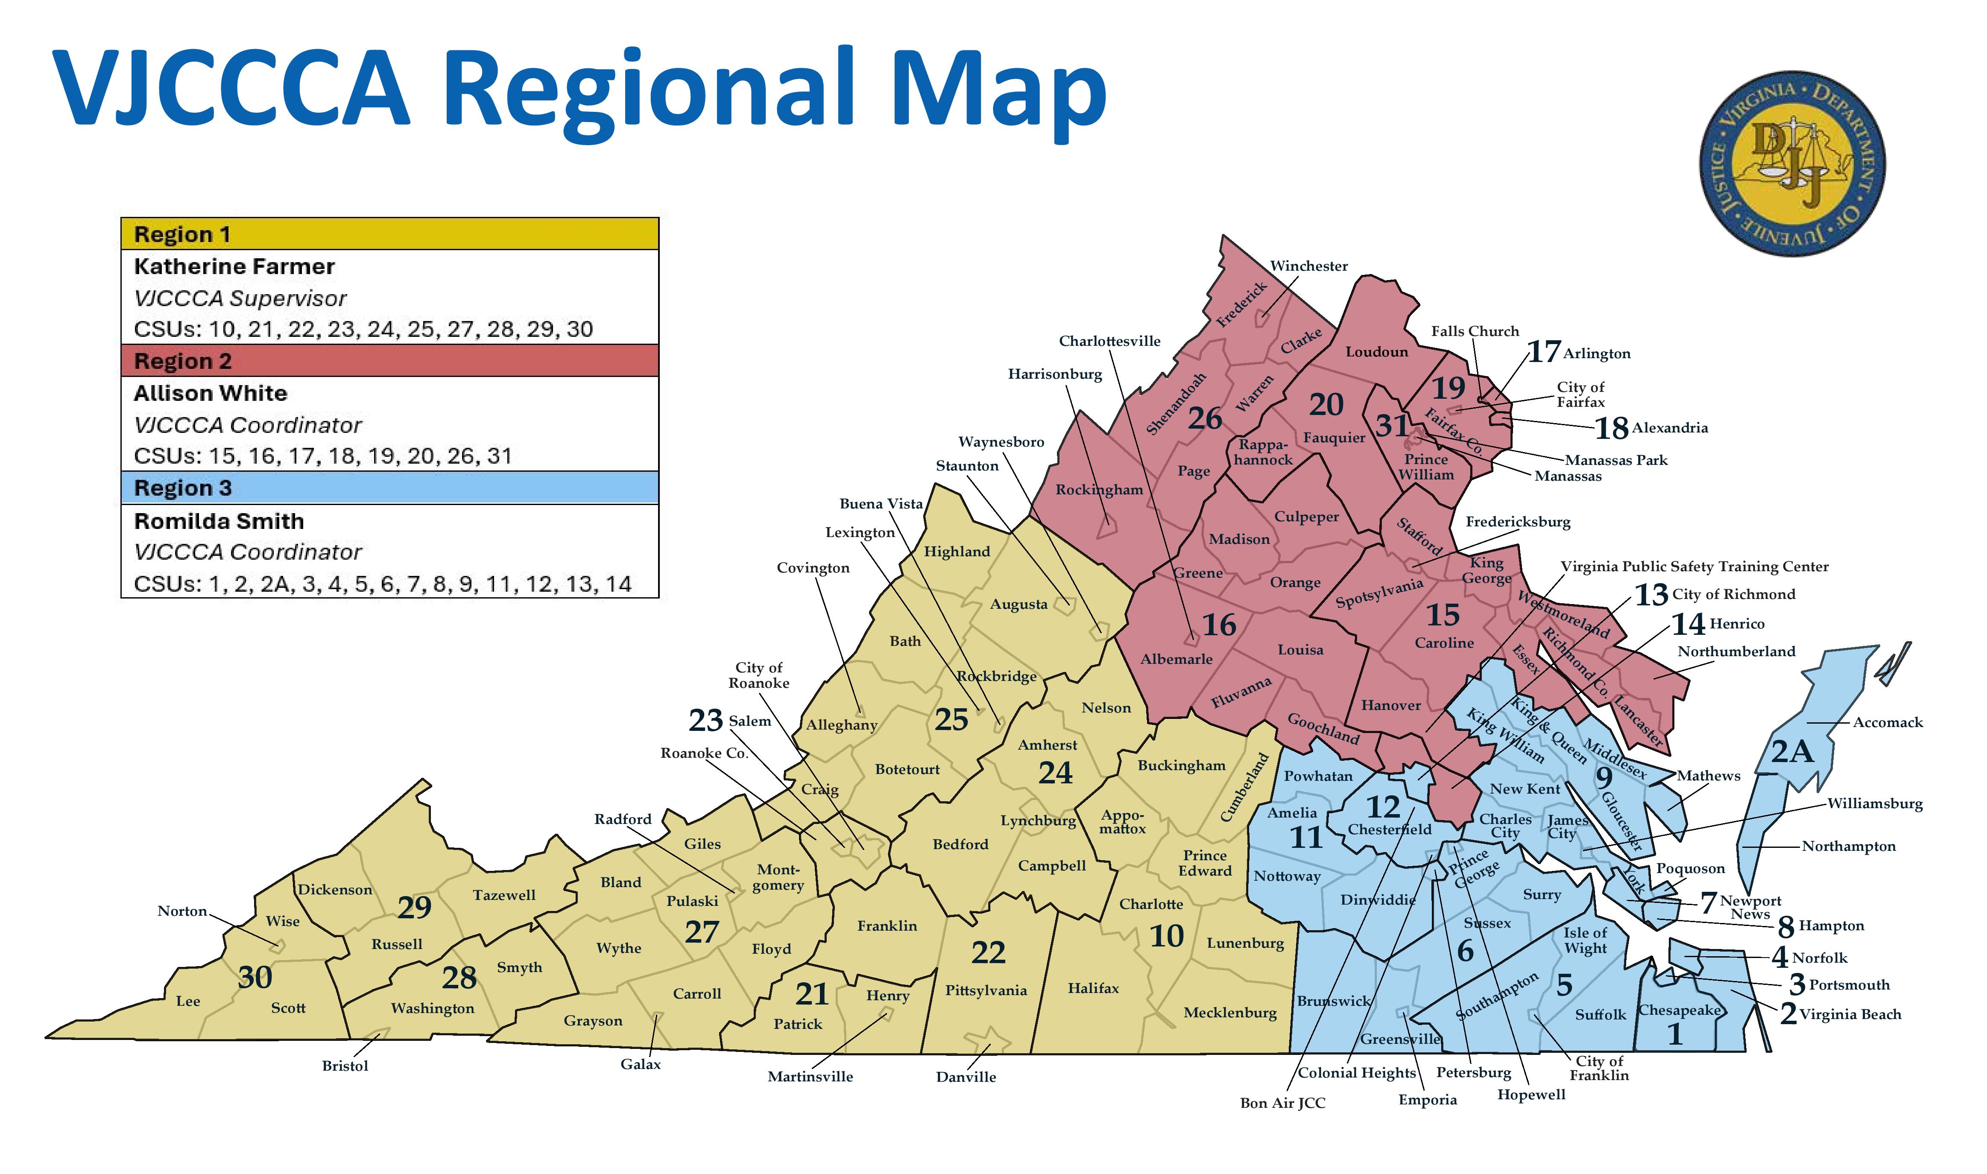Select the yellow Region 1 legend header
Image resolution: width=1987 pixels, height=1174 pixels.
(389, 234)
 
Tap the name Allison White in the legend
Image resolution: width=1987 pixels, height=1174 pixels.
(211, 393)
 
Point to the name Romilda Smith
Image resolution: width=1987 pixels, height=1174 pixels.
(219, 521)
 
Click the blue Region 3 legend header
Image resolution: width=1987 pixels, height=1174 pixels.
(389, 488)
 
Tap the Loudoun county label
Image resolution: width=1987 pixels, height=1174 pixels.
(1377, 352)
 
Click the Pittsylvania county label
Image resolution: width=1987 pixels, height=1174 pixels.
(986, 990)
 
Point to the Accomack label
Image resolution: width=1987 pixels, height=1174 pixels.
(1888, 722)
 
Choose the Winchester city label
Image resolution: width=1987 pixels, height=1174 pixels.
(1309, 266)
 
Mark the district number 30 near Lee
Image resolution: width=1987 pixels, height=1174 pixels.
(255, 978)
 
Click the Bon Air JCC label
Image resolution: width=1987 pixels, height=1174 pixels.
(1282, 1103)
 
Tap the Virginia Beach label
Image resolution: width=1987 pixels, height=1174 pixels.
(1849, 1014)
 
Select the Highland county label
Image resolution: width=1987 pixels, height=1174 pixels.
(957, 552)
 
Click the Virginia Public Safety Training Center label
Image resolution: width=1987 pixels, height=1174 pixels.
(1694, 567)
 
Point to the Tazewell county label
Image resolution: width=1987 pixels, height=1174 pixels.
(504, 895)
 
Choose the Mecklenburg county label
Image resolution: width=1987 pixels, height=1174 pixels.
(1230, 1013)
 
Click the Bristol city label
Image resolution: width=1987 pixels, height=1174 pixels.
(345, 1066)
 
